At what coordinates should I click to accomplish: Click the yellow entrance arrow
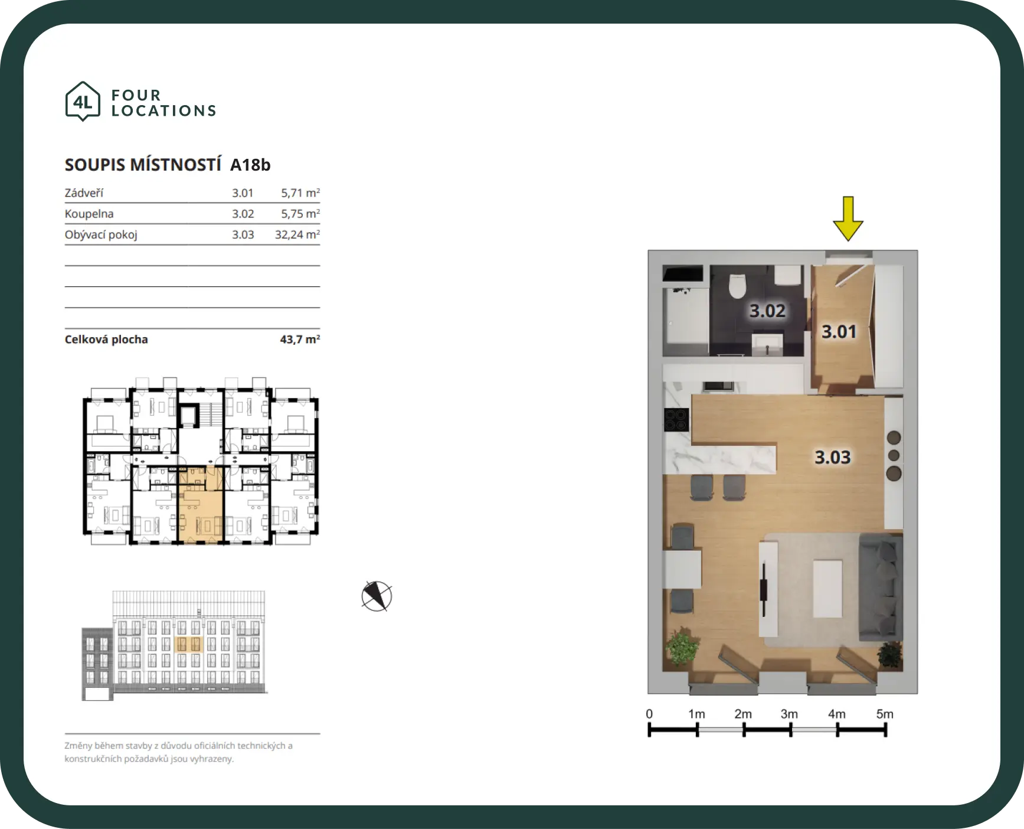848,218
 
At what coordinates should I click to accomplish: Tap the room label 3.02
767,311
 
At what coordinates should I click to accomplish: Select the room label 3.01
839,332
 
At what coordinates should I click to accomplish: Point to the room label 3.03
832,457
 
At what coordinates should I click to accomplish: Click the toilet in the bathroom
738,286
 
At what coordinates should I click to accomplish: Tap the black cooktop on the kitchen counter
676,420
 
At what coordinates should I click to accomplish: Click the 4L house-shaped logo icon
83,102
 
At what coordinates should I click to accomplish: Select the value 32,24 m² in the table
297,234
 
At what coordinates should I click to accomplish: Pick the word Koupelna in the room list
89,214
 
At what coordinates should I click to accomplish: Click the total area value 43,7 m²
300,340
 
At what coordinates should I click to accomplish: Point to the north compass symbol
377,596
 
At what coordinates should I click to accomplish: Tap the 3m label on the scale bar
789,714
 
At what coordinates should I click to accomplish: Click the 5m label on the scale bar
885,714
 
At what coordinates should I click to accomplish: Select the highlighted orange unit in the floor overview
201,505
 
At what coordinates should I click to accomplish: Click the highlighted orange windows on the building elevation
189,644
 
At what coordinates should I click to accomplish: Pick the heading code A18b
250,165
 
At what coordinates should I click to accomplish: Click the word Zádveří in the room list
84,192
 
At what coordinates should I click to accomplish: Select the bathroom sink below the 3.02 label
767,343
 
